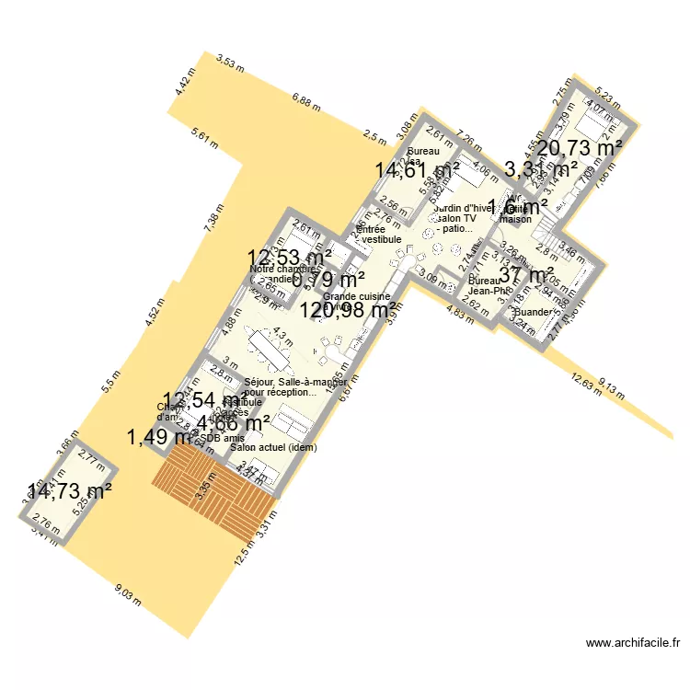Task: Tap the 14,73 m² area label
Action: (69, 490)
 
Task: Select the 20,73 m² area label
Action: (580, 147)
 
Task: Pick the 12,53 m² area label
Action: (291, 258)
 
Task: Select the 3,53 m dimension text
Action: (230, 63)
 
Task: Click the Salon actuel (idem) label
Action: (271, 447)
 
